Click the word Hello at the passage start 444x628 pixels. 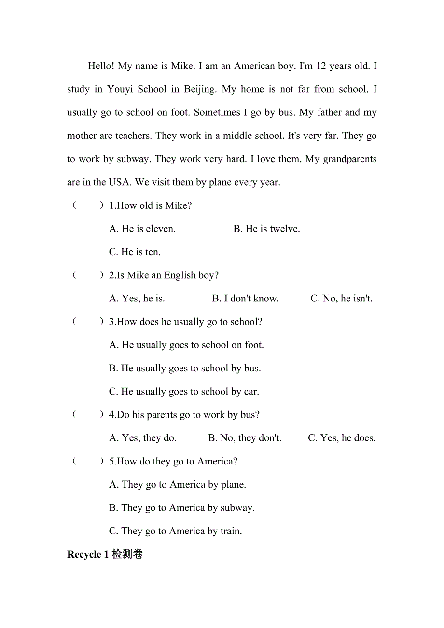tap(101, 66)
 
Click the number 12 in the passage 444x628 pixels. tap(321, 66)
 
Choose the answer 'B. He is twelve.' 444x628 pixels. tap(266, 229)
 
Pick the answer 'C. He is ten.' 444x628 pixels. tap(135, 252)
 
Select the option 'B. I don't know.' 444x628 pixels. tap(245, 299)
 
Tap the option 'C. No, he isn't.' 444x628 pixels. tap(341, 299)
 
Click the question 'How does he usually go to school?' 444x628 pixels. tap(189, 322)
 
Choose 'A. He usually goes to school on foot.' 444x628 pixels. tap(186, 345)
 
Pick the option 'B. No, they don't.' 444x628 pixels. tap(245, 438)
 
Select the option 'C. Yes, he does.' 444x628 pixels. tap(341, 438)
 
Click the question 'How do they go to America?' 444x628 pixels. tap(177, 461)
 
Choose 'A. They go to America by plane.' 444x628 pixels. tap(178, 484)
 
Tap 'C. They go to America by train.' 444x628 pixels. tap(176, 531)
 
